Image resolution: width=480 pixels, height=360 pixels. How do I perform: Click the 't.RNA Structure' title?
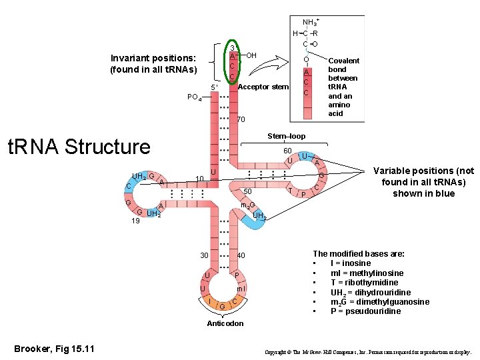[77, 147]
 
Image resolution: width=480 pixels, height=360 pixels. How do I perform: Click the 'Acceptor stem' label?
[263, 87]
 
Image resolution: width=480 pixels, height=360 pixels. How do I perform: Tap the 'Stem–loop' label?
[286, 137]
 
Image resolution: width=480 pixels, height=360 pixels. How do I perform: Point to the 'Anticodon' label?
[225, 323]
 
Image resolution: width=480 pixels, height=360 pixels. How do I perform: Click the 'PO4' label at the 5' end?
[195, 97]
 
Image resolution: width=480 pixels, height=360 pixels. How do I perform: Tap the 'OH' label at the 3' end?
[252, 55]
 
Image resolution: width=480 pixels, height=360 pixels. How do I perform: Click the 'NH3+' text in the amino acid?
[310, 23]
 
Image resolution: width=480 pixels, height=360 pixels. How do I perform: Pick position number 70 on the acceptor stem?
[241, 120]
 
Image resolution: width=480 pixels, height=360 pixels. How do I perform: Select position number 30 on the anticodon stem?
[205, 256]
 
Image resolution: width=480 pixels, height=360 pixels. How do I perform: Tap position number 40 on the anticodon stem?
[241, 256]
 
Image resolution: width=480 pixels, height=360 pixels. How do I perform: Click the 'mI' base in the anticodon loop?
[241, 288]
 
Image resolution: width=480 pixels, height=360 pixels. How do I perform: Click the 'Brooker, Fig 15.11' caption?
[55, 349]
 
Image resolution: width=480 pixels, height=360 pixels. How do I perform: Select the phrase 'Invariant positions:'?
[153, 58]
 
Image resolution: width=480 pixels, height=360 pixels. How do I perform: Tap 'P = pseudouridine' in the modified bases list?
[365, 311]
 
